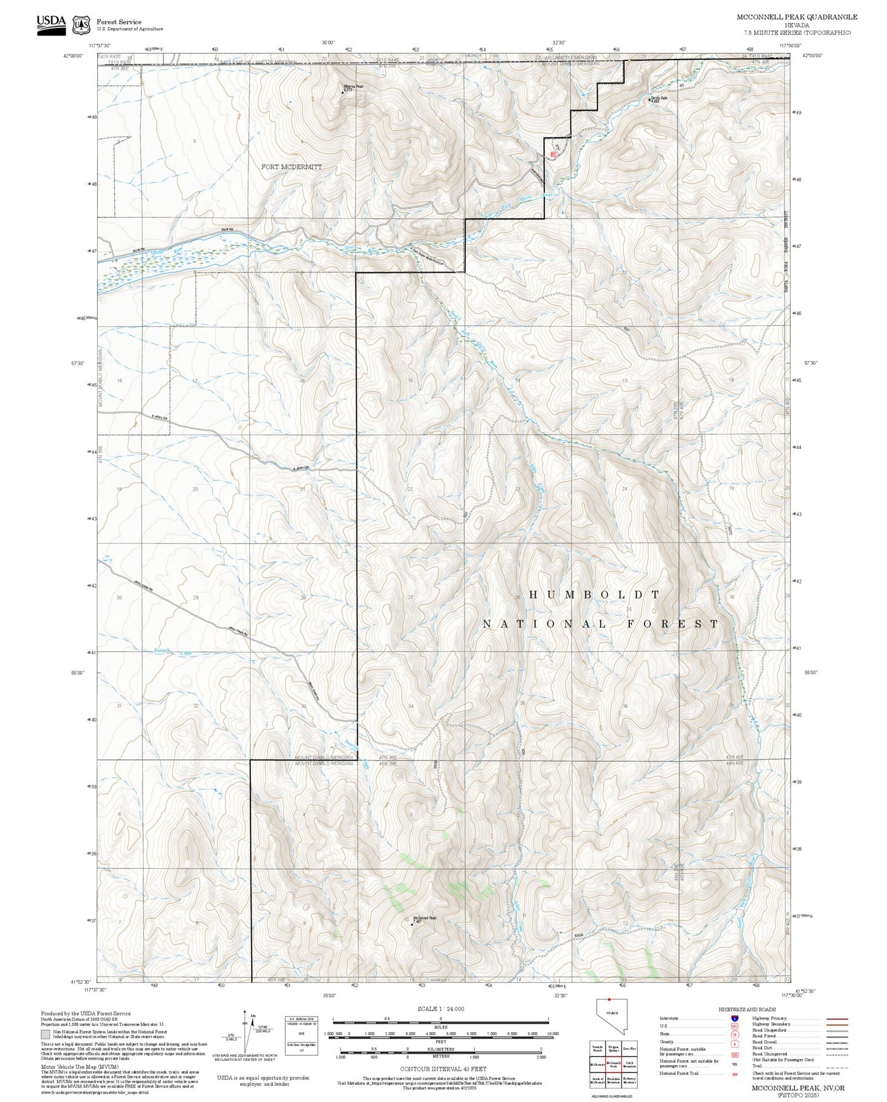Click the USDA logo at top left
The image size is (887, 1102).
(51, 25)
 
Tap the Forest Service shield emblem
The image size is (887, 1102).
(81, 25)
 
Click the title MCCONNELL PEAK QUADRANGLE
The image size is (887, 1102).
(797, 17)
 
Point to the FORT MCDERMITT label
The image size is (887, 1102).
(291, 167)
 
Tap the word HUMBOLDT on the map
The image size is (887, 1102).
(594, 595)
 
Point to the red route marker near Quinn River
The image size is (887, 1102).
(553, 155)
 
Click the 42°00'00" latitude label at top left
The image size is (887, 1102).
(73, 55)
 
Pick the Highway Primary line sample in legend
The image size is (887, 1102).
(837, 1018)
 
